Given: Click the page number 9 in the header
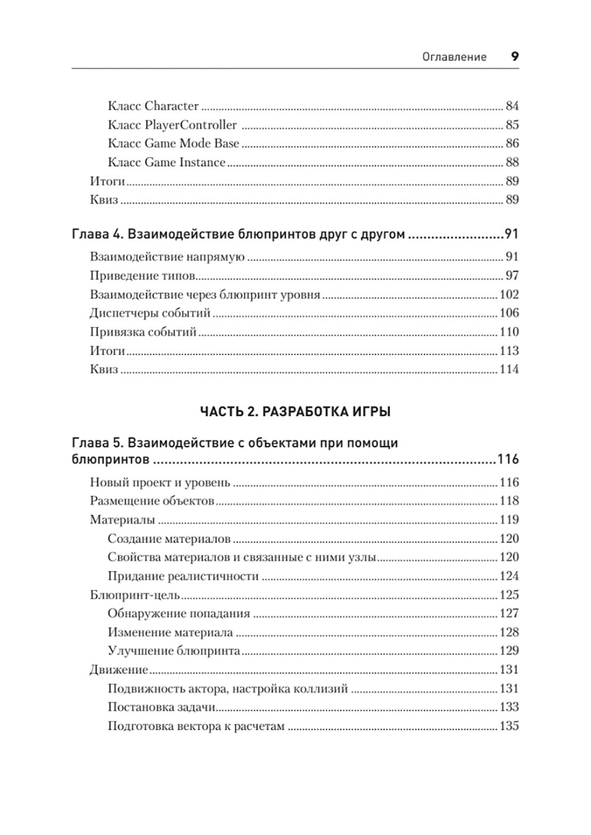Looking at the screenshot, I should [x=514, y=57].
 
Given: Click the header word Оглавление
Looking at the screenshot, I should [x=454, y=57].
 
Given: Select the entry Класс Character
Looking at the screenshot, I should [x=153, y=106].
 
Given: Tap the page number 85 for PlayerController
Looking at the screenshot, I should [x=512, y=125].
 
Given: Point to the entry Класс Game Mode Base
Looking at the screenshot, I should [x=173, y=144].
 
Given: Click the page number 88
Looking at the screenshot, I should [x=512, y=163].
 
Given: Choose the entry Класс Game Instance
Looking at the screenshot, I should [x=167, y=163].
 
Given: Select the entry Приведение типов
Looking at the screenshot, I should [x=143, y=276].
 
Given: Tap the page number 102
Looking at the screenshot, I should [x=509, y=295].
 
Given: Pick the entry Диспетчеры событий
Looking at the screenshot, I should [x=150, y=313].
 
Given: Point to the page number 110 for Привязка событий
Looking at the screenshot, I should [x=509, y=332].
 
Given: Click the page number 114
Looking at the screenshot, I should [x=509, y=370].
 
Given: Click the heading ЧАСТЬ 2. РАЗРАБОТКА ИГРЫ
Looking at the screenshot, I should [x=295, y=412].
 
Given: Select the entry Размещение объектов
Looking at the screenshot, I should [x=152, y=501].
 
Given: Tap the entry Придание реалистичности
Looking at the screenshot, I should [x=183, y=576].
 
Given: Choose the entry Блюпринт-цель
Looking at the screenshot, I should [x=135, y=595].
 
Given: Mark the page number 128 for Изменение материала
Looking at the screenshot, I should [x=509, y=632].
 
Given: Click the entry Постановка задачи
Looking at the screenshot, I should [x=161, y=707].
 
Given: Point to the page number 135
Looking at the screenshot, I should [x=509, y=726].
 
